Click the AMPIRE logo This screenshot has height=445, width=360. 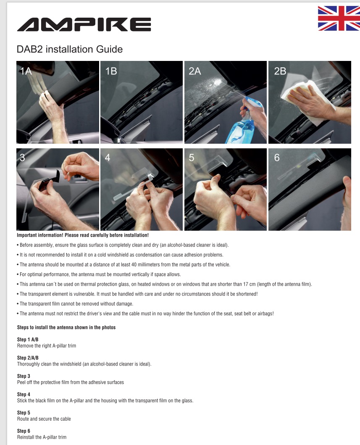click(84, 24)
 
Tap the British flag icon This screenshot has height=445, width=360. click(339, 18)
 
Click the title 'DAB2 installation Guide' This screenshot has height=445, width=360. click(69, 49)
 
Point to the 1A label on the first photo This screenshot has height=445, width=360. click(26, 71)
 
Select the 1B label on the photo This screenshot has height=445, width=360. click(111, 71)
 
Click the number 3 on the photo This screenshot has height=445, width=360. click(22, 158)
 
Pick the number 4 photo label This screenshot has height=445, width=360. click(107, 158)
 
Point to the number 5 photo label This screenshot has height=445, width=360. click(192, 158)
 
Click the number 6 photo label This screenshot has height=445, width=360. click(276, 158)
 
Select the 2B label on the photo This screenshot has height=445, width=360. click(280, 71)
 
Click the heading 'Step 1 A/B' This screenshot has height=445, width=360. click(28, 340)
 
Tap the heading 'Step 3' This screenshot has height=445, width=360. click(24, 376)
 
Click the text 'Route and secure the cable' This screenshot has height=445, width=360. click(44, 419)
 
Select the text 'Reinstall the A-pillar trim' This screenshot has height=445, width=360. click(42, 437)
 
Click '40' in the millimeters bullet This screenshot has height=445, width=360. click(134, 264)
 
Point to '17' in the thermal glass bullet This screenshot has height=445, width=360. click(246, 284)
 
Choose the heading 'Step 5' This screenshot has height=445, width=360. click(24, 413)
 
